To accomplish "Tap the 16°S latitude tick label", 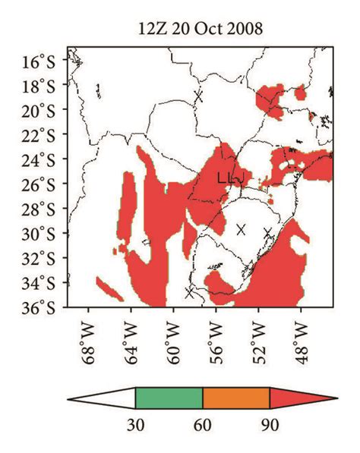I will [46, 61].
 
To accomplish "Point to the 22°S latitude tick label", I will [46, 135].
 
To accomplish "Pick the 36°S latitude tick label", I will [46, 307].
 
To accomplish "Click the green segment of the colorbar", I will [169, 398].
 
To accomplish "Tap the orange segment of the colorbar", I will [236, 398].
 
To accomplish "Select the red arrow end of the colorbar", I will [300, 398].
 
